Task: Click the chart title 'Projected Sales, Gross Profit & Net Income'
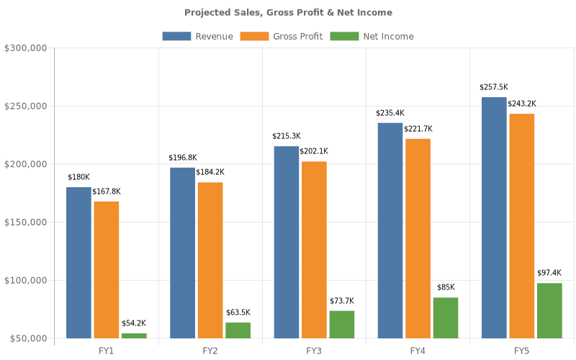pos(288,12)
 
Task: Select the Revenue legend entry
pos(198,36)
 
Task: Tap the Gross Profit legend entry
pos(282,36)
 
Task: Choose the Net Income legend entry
pos(372,36)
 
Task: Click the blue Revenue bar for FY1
pos(79,263)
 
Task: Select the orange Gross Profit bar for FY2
pos(210,260)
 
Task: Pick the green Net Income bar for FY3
pos(342,324)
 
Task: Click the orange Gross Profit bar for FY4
pos(418,238)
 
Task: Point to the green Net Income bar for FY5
pos(549,310)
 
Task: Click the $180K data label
pos(78,177)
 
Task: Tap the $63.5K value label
pos(238,312)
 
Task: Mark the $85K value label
pos(446,287)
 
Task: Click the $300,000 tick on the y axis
pos(26,48)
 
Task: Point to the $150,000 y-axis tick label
pos(26,222)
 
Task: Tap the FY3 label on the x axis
pos(314,351)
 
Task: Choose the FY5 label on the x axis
pos(521,351)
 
